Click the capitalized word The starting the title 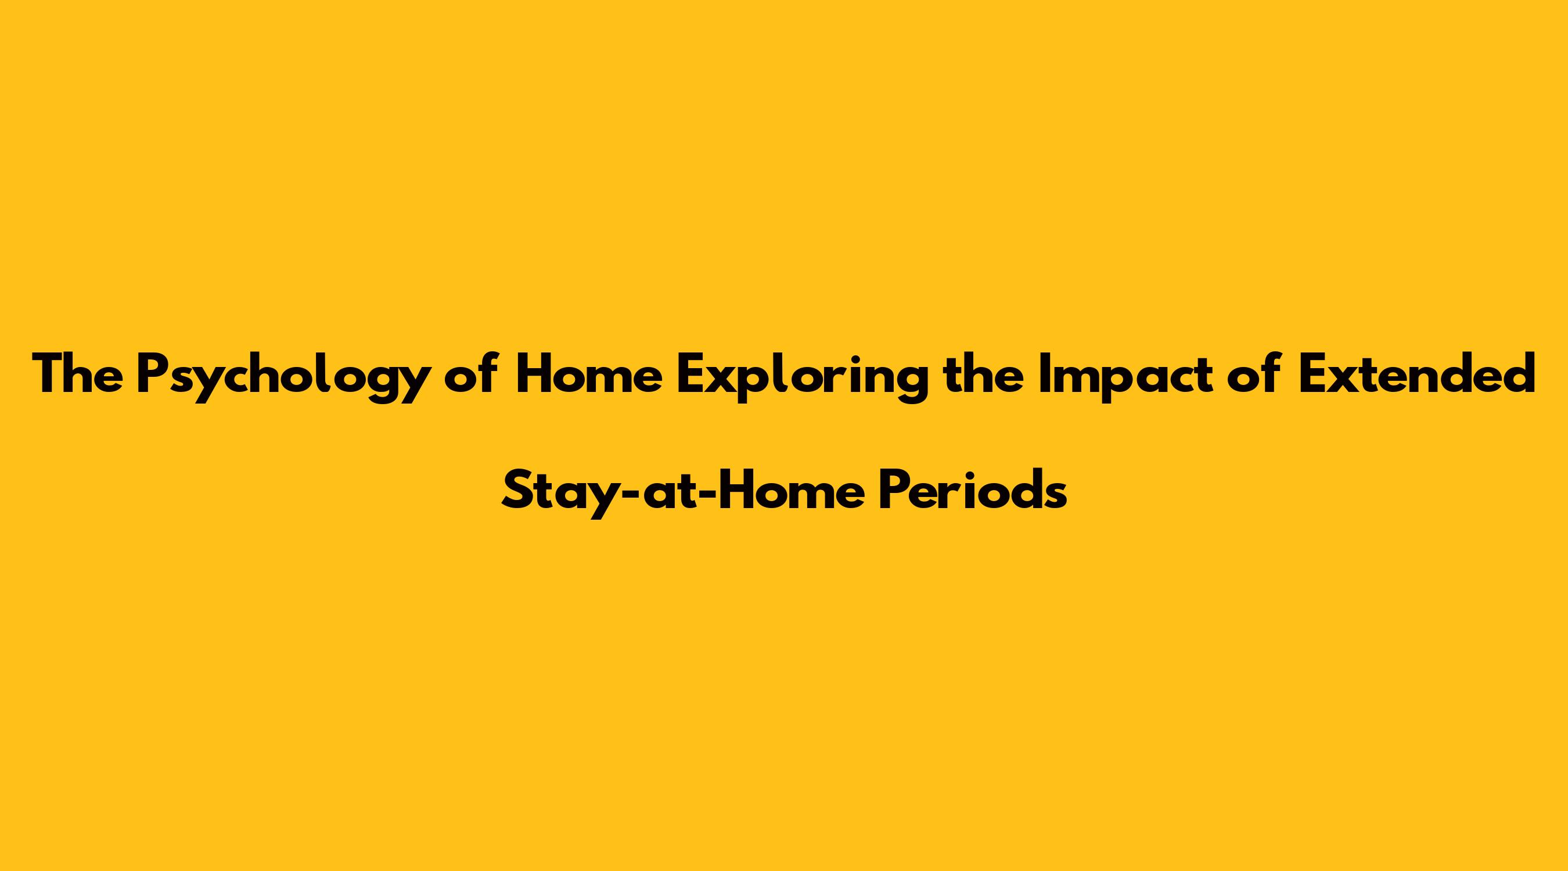click(77, 374)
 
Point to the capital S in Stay click(516, 490)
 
